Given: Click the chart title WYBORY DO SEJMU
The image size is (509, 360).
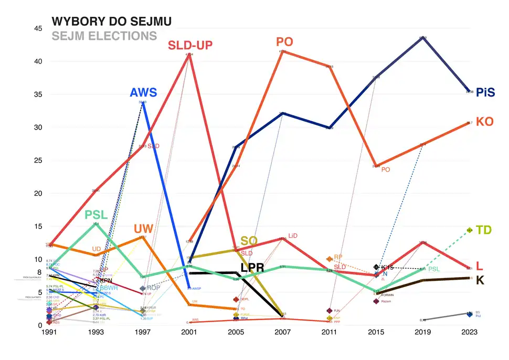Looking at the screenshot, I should point(111,22).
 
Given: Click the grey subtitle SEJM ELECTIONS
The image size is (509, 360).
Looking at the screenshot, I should point(104,36).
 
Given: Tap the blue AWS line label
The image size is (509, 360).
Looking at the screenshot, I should point(143,93).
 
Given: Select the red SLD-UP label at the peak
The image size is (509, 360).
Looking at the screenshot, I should point(190,45).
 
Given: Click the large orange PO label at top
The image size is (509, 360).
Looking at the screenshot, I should point(284,42).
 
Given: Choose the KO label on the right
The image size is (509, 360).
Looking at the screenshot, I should point(484,121).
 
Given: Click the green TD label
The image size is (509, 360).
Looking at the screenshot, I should point(483,230).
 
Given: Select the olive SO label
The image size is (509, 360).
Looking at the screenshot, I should point(249,241).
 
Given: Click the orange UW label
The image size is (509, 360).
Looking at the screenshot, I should point(143,229).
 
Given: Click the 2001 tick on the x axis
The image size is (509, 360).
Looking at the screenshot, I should point(189,333).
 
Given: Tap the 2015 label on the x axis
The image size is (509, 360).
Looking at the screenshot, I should point(376,333).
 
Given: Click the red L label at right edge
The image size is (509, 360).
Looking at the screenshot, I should point(479,266).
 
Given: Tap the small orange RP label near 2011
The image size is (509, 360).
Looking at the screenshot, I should point(338,257).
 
